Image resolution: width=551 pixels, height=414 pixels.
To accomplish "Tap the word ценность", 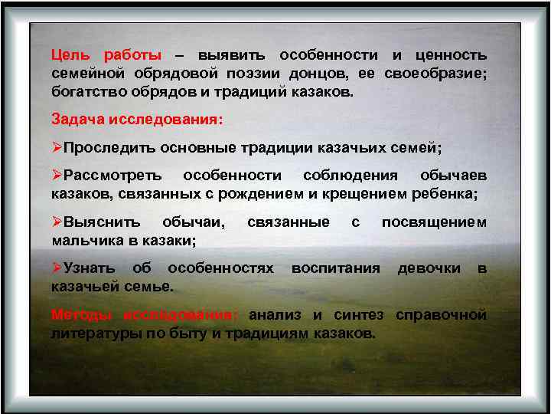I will [x=450, y=56].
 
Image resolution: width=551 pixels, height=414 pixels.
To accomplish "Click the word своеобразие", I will [x=438, y=74].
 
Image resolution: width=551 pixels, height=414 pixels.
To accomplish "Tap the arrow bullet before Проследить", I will [x=57, y=147].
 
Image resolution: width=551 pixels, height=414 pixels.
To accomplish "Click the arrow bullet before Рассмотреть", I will [x=57, y=176].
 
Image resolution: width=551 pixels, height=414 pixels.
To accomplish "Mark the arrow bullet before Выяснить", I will [x=57, y=222].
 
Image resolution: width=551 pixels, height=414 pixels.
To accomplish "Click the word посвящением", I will [x=434, y=222].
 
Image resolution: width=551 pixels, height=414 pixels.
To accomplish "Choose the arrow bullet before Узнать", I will [x=57, y=268].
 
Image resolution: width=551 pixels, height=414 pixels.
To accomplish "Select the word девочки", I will [x=429, y=268].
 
